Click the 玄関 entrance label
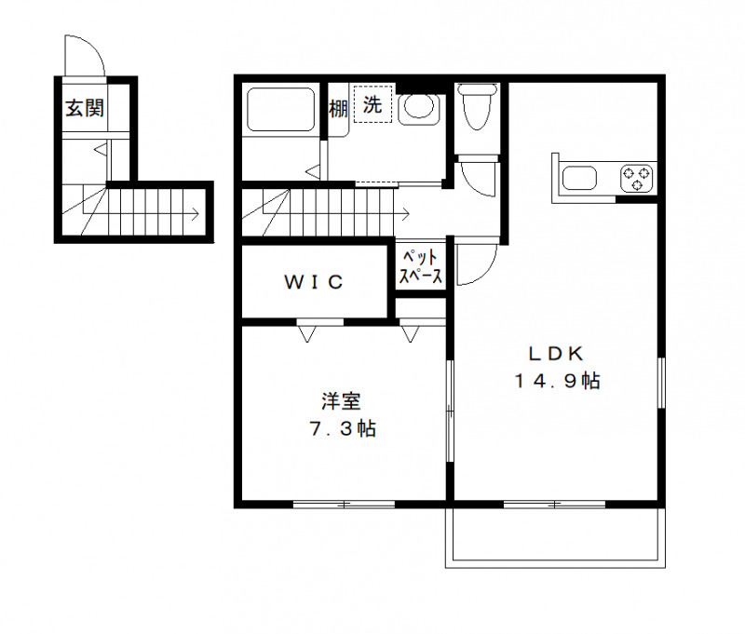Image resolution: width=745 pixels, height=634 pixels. point(84,109)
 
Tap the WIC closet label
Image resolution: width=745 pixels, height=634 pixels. point(315,281)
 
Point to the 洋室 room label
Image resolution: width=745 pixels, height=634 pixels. point(341,402)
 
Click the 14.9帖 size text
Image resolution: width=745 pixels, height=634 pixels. point(555,380)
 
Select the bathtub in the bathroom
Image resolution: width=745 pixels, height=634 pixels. point(280,110)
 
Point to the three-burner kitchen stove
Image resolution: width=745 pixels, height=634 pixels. point(637,178)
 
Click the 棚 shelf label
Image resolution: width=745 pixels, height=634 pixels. point(338,108)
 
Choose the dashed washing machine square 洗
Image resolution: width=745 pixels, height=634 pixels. point(372,106)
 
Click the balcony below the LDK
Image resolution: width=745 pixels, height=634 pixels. point(557,537)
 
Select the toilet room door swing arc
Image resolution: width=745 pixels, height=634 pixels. point(481,179)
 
